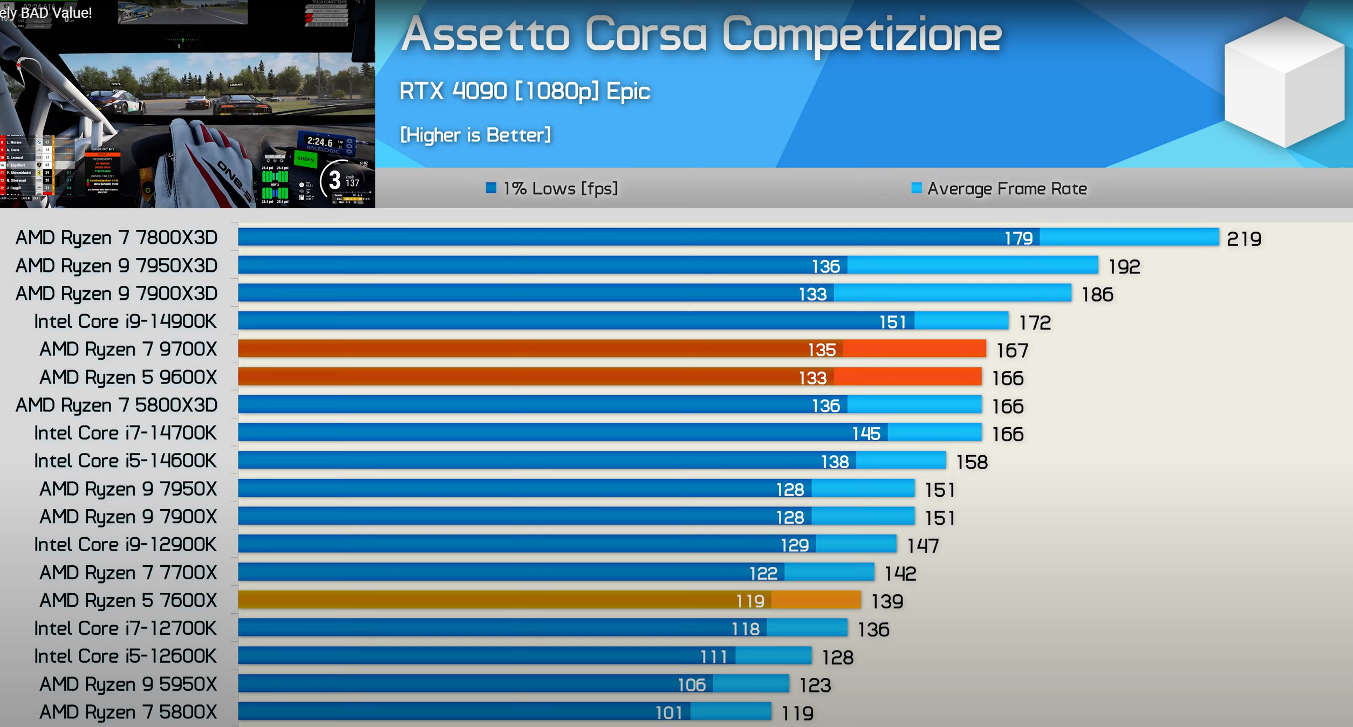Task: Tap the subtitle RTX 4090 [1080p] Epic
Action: coord(524,91)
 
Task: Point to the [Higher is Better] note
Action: coord(475,135)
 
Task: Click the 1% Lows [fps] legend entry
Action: coord(552,189)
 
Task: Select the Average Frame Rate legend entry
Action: coord(999,189)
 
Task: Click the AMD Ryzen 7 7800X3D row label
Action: coord(117,238)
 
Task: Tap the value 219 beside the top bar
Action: coord(1243,239)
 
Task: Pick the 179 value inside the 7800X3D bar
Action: coord(1018,238)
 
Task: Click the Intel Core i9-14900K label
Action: coord(125,321)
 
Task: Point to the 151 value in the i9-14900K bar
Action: coord(892,322)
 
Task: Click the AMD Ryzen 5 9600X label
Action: coord(128,378)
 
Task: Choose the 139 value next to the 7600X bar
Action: coord(887,601)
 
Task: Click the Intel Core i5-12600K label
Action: coord(125,656)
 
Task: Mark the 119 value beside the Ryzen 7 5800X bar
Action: coord(797,714)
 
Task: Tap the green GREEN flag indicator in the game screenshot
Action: coord(305,159)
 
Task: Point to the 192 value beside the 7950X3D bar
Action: coord(1124,266)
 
